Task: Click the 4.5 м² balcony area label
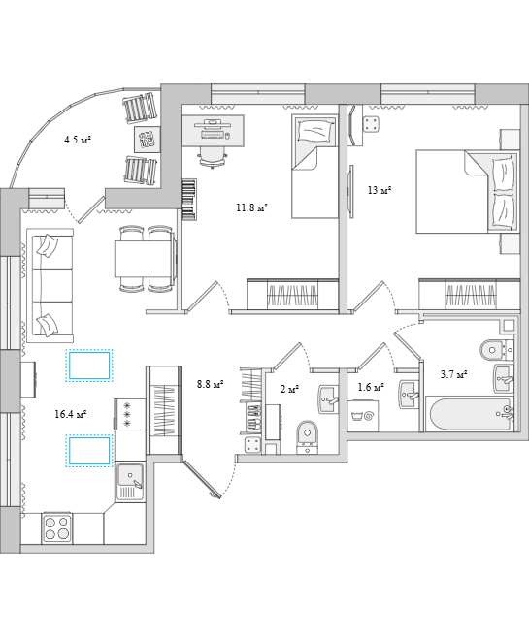click(x=78, y=141)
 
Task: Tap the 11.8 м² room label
click(x=251, y=208)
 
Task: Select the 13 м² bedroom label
click(x=380, y=190)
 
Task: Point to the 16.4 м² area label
click(x=71, y=414)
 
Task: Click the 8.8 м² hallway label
click(x=211, y=384)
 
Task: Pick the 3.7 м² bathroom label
click(x=453, y=374)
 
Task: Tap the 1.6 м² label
click(x=371, y=387)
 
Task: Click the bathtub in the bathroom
click(x=470, y=414)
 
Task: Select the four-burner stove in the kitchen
click(x=57, y=528)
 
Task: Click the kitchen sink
click(x=130, y=482)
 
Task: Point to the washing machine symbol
click(x=363, y=416)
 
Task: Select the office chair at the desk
click(x=213, y=156)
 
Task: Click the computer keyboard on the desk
click(x=213, y=134)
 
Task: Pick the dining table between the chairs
click(x=143, y=259)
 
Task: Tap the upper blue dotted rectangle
click(x=89, y=366)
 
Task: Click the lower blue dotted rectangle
click(x=89, y=451)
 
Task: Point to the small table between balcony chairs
click(x=147, y=140)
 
